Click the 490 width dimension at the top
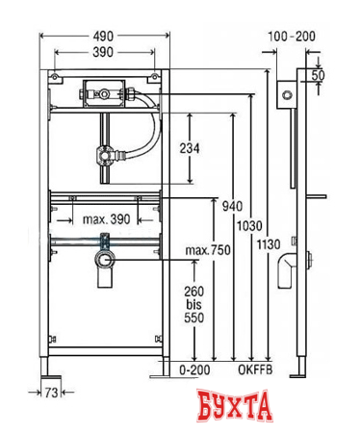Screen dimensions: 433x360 coord(106,34)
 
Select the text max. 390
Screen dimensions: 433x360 coord(107,221)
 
